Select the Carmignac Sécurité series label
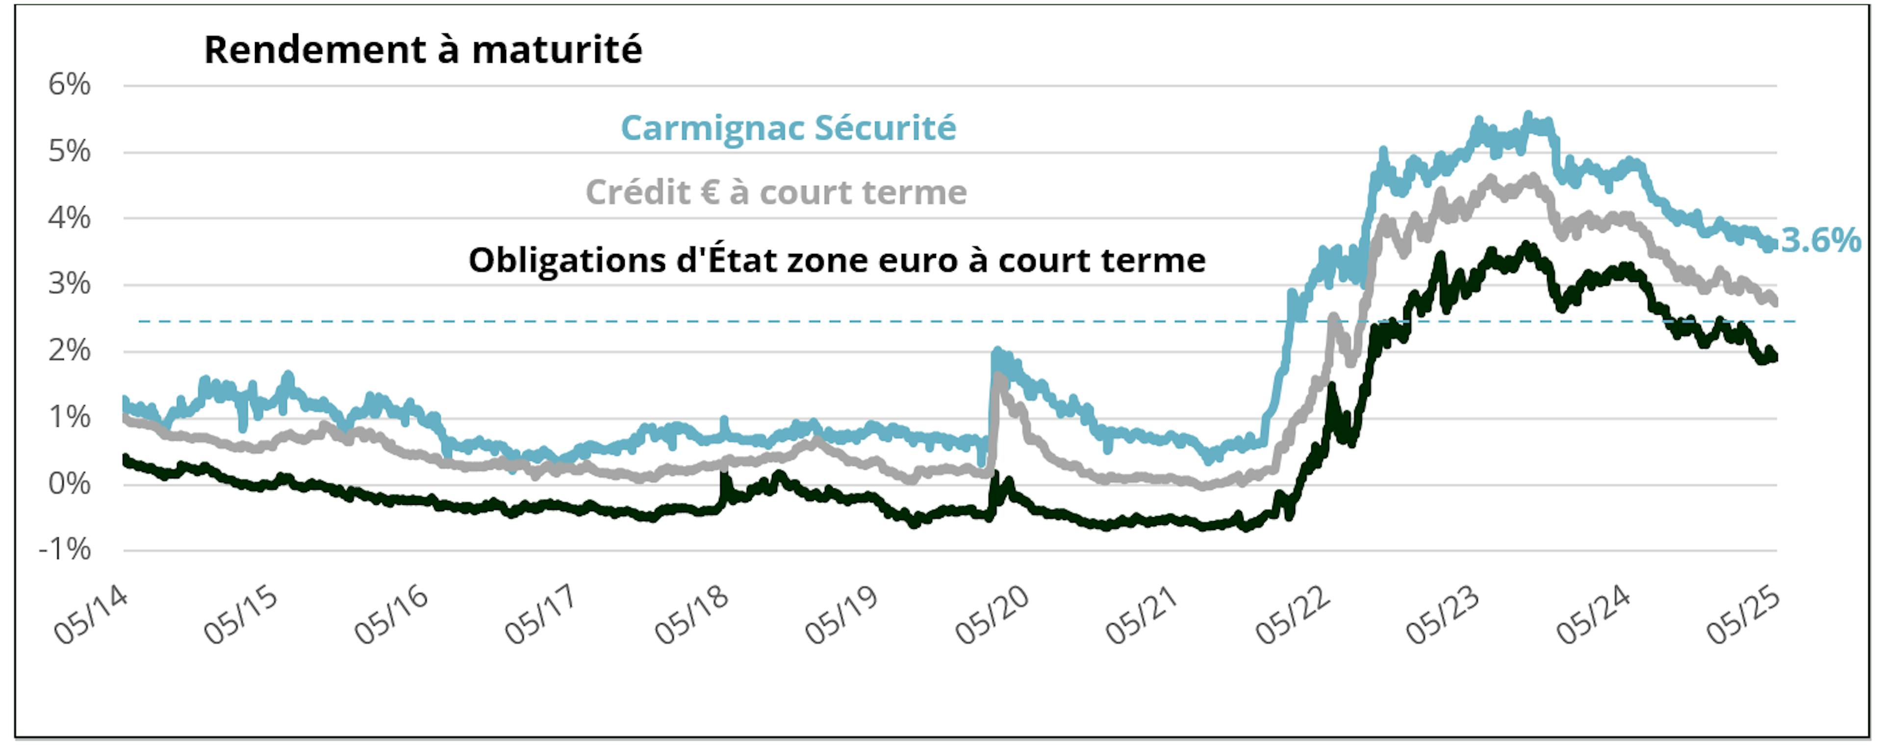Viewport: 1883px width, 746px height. point(788,128)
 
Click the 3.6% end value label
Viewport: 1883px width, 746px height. point(1821,240)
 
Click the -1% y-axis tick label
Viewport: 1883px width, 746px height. point(65,549)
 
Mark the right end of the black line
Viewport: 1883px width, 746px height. point(1775,356)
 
